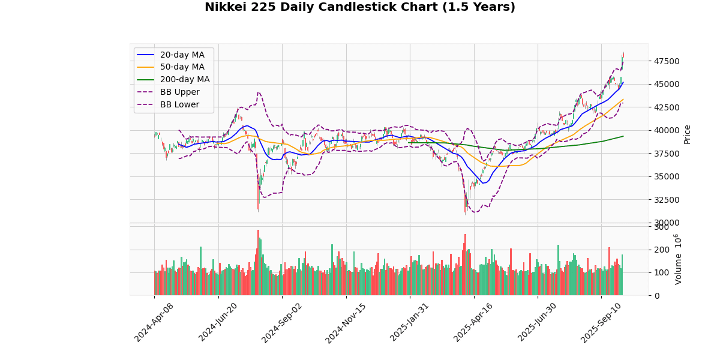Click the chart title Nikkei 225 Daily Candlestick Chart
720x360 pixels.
tap(360, 7)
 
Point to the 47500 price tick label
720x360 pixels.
tap(667, 61)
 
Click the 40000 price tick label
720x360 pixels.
tap(667, 130)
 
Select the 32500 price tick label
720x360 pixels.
tap(667, 200)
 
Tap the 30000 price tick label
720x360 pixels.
tap(667, 223)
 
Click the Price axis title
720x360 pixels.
tap(688, 134)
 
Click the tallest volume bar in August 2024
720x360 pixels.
tap(259, 263)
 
